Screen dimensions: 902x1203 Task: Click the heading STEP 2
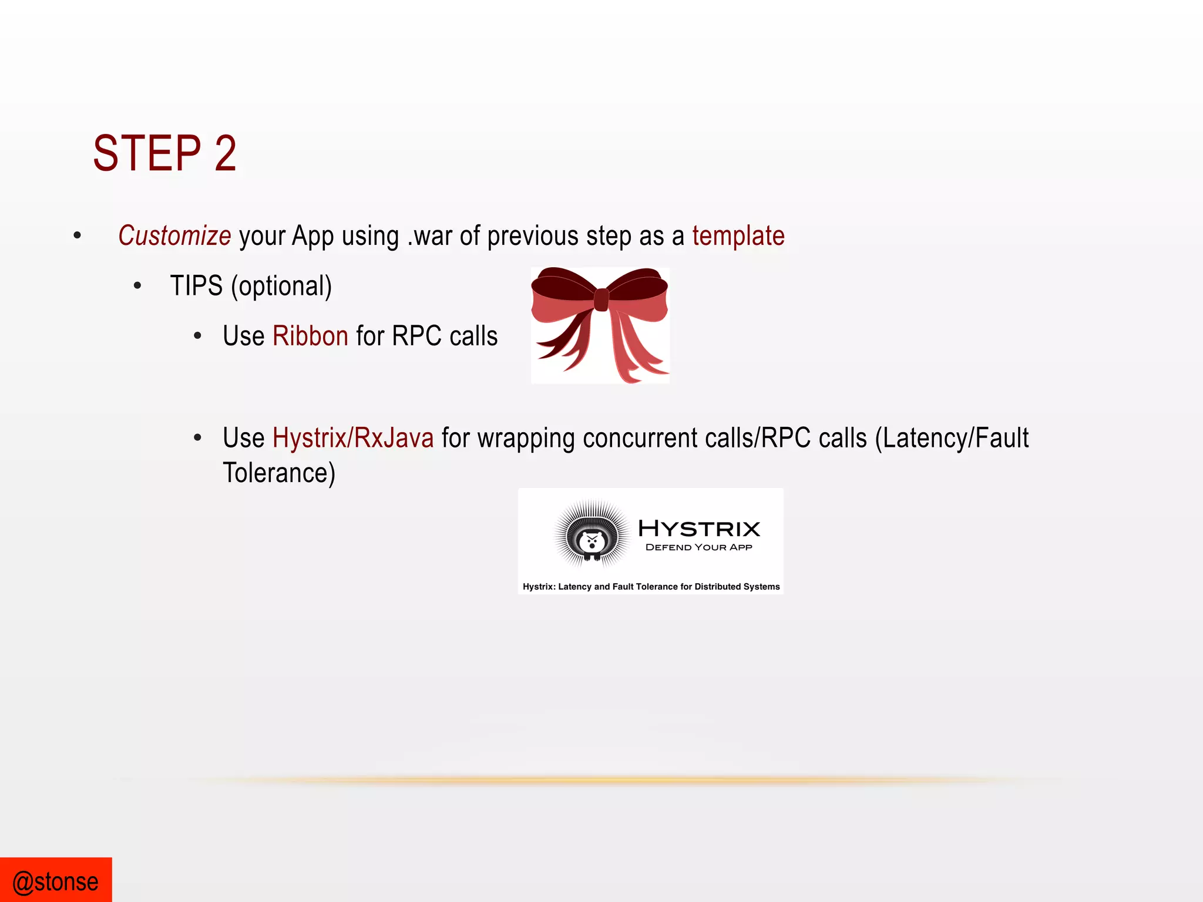(165, 153)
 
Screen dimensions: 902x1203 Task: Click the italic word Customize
(174, 236)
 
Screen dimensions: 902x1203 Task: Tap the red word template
(738, 236)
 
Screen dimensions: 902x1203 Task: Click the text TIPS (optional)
(251, 287)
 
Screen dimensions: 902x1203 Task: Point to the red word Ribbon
(310, 336)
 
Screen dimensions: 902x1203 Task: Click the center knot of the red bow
(601, 299)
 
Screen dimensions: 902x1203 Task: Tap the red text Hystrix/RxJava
(353, 438)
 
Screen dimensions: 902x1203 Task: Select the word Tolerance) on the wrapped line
(279, 473)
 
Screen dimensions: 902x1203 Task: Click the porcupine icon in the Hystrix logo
(592, 535)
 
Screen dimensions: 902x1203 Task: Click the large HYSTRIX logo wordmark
(699, 529)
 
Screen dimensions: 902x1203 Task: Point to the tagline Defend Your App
(698, 547)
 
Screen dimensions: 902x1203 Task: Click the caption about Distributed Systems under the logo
(651, 587)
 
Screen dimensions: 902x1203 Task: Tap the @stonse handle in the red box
(56, 882)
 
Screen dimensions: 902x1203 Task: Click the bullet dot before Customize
(78, 236)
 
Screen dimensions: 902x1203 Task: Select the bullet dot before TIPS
(137, 287)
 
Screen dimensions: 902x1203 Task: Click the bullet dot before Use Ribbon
(197, 336)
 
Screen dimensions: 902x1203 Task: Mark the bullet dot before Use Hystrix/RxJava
(197, 438)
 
